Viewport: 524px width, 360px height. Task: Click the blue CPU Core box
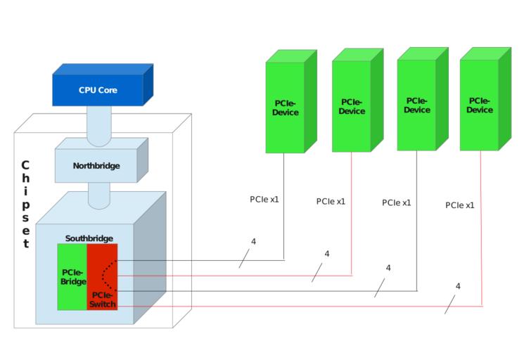point(98,90)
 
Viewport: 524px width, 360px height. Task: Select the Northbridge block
point(96,166)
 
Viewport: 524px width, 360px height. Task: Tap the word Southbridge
point(89,238)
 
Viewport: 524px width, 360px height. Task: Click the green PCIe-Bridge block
point(72,277)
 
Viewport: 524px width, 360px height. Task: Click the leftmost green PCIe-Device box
point(286,108)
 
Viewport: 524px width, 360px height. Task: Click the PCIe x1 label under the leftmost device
point(264,200)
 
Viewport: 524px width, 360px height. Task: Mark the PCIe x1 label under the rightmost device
point(460,205)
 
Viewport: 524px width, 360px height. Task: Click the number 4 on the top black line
point(253,242)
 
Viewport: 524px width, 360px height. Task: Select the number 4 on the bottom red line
point(458,286)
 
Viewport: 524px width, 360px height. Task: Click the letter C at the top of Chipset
point(25,166)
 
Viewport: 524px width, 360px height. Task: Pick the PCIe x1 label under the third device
point(397,202)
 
